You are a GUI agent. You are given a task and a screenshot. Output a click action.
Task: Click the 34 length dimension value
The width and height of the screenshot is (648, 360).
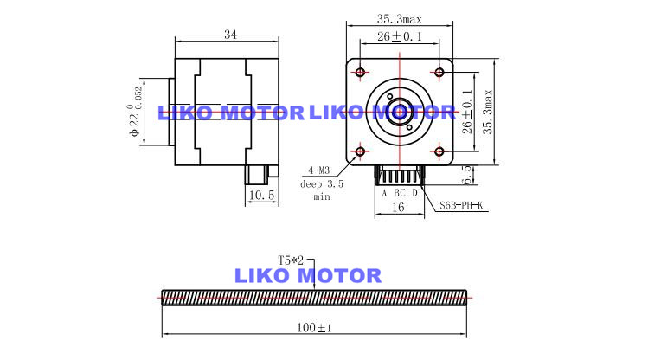[x=231, y=35]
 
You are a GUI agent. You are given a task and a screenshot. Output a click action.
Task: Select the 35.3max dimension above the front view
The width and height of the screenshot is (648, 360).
[x=399, y=19]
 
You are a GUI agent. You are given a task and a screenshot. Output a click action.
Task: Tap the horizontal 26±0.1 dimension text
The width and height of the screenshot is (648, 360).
[x=400, y=36]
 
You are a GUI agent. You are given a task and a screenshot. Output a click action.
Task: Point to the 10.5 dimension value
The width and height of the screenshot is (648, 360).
[x=261, y=195]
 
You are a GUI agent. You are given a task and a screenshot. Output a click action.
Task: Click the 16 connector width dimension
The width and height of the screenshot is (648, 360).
[x=398, y=207]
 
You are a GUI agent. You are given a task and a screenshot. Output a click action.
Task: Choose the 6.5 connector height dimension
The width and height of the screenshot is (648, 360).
[x=466, y=175]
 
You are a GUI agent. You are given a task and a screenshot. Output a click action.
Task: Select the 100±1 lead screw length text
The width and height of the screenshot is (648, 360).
[x=314, y=328]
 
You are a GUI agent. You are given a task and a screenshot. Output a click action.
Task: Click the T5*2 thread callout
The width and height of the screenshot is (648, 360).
[x=291, y=260]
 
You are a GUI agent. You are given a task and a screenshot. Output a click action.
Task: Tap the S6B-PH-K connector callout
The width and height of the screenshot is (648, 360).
[x=461, y=205]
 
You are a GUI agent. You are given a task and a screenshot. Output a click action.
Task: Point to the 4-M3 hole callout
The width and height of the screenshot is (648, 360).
[x=319, y=170]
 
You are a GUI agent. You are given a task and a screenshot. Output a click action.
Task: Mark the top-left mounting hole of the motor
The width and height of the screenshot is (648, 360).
[x=361, y=73]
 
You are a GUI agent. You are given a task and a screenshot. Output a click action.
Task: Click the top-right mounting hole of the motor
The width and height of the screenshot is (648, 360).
[x=439, y=73]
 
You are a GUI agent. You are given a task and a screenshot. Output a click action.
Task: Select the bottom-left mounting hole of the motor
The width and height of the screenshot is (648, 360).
[x=361, y=151]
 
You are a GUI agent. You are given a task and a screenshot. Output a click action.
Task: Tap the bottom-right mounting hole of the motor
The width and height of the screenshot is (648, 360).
[x=439, y=151]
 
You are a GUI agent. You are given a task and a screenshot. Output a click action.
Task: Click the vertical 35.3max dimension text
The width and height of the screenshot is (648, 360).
[x=489, y=112]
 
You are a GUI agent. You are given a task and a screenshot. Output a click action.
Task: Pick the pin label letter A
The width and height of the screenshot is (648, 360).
[x=384, y=193]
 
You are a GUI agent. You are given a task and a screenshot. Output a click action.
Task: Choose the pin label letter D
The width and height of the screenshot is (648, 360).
[x=414, y=193]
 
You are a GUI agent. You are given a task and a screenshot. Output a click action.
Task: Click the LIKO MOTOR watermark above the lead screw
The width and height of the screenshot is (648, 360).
[x=308, y=276]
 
